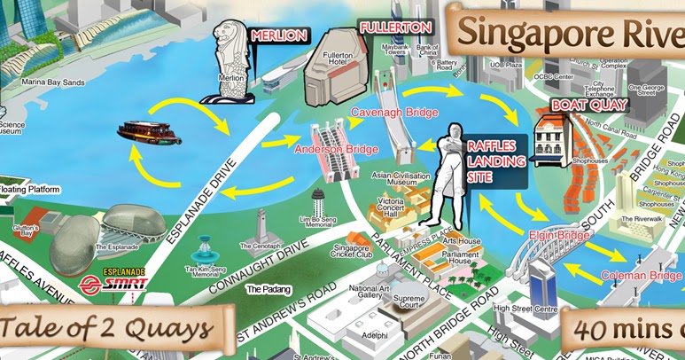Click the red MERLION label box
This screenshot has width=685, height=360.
coord(279,35)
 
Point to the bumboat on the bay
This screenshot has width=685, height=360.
coord(149,133)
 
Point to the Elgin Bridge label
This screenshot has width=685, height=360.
coord(559,236)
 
